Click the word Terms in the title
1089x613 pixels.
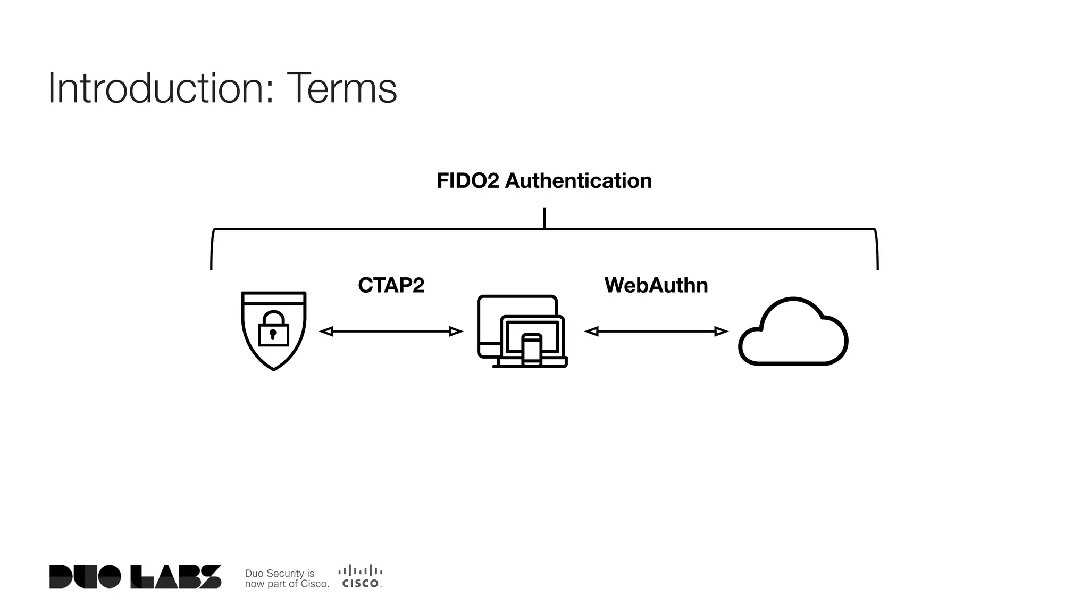tap(341, 89)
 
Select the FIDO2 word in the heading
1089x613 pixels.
tap(467, 181)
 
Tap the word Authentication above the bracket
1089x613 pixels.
tap(578, 181)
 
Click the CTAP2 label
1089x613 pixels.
tap(391, 286)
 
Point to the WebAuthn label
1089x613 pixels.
tap(656, 286)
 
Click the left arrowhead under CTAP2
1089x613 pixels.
tap(326, 332)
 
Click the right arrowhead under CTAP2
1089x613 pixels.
tap(456, 332)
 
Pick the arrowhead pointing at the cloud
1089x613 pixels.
tap(721, 332)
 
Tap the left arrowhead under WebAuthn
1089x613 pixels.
tap(591, 332)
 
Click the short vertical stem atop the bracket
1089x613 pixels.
tap(544, 218)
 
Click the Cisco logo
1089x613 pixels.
tap(361, 576)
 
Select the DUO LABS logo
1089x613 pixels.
tap(135, 576)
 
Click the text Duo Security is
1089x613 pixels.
tap(279, 573)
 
